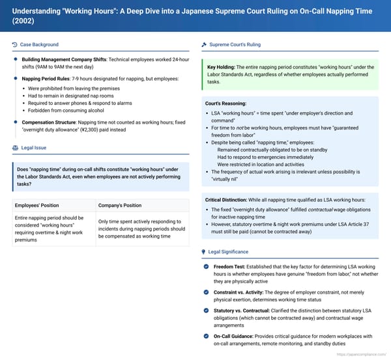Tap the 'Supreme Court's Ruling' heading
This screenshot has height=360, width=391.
[x=235, y=44]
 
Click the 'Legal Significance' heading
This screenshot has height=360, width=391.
[x=231, y=251]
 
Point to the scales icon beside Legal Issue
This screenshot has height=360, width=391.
[x=15, y=148]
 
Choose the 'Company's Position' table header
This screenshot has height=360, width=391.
[x=120, y=205]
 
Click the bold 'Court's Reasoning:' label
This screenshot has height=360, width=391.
[x=225, y=104]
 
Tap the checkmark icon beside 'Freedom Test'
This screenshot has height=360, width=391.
[x=207, y=266]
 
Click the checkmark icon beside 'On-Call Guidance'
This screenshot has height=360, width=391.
[x=207, y=336]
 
